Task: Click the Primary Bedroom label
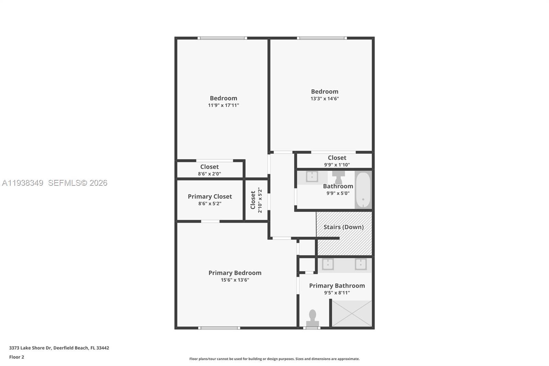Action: coord(235,273)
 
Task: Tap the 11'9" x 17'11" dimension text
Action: coord(223,105)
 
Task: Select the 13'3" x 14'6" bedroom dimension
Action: coord(325,99)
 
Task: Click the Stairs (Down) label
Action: coord(343,227)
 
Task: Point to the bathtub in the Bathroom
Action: coord(363,190)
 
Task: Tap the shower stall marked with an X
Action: coord(352,313)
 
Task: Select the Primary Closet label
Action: coord(210,196)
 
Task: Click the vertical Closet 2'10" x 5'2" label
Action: coord(256,200)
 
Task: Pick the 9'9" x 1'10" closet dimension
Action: coord(337,165)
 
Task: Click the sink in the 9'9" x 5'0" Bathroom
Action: coord(312,176)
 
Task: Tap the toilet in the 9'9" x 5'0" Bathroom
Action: coord(338,177)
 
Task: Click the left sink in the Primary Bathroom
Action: coord(328,264)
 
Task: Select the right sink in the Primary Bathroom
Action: coord(361,264)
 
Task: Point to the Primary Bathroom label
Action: coord(337,286)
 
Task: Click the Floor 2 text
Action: coord(16,357)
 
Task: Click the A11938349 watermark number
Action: coord(23,183)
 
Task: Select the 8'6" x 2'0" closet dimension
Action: coord(209,174)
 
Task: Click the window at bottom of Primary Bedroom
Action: coord(219,328)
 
